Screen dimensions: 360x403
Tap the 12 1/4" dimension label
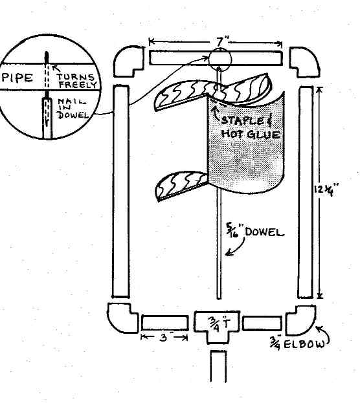click(x=326, y=190)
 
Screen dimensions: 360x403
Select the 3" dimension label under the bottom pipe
click(x=164, y=338)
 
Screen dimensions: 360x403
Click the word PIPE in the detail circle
click(x=17, y=78)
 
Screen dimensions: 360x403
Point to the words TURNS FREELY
click(x=76, y=81)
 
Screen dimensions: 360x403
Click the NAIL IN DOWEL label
click(x=73, y=108)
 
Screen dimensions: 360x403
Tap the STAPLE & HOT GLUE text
click(x=250, y=127)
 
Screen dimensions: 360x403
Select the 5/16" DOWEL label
click(x=254, y=232)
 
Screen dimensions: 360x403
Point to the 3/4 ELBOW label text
click(x=297, y=343)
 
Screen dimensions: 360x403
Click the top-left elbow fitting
click(x=129, y=61)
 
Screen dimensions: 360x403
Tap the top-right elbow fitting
click(x=305, y=62)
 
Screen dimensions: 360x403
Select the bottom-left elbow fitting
click(x=122, y=318)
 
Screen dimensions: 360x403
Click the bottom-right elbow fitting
click(x=301, y=320)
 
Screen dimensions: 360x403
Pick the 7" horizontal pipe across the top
click(x=216, y=58)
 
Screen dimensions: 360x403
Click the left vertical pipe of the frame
click(x=120, y=191)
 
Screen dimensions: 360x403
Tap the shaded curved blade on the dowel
click(x=246, y=143)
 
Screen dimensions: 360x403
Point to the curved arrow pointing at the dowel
click(x=236, y=247)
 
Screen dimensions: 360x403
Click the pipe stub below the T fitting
click(x=218, y=366)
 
